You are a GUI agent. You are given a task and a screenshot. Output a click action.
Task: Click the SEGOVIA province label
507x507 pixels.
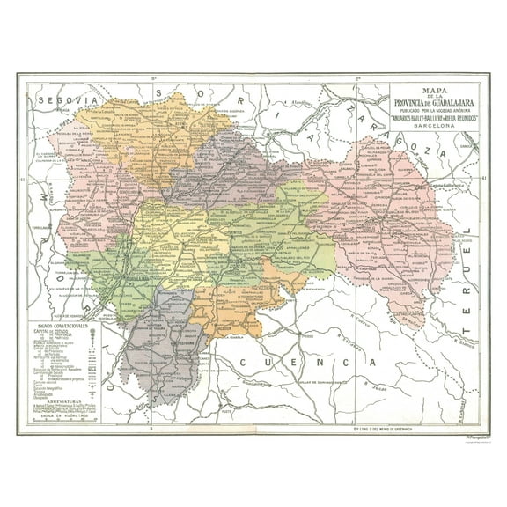[61, 101]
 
